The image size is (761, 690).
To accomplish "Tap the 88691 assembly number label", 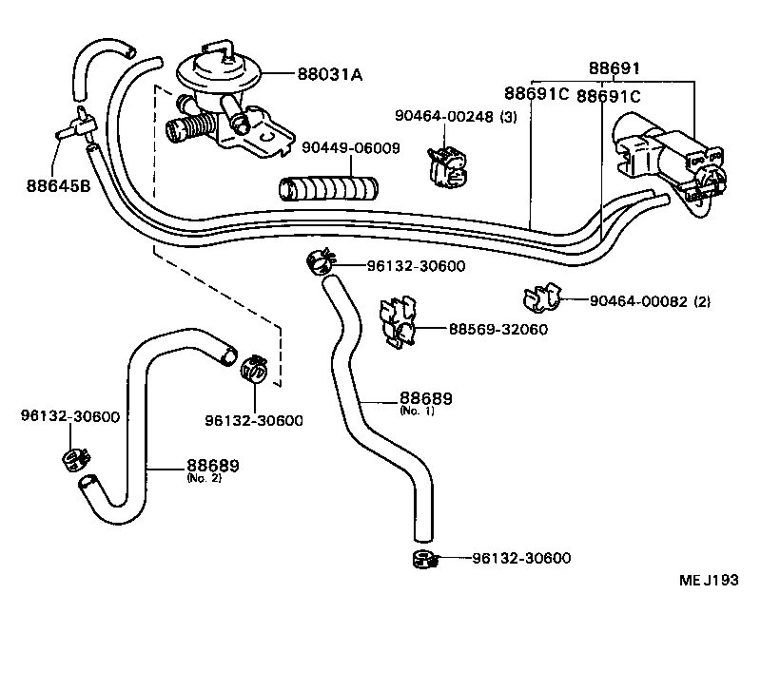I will tap(614, 68).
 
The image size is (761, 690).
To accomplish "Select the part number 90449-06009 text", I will tap(351, 148).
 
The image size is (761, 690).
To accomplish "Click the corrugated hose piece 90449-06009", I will tap(328, 184).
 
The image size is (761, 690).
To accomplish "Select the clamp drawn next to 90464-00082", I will tap(542, 298).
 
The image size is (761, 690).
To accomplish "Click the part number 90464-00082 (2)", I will tap(650, 301).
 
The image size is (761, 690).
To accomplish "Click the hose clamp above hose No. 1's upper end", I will tap(320, 259).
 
